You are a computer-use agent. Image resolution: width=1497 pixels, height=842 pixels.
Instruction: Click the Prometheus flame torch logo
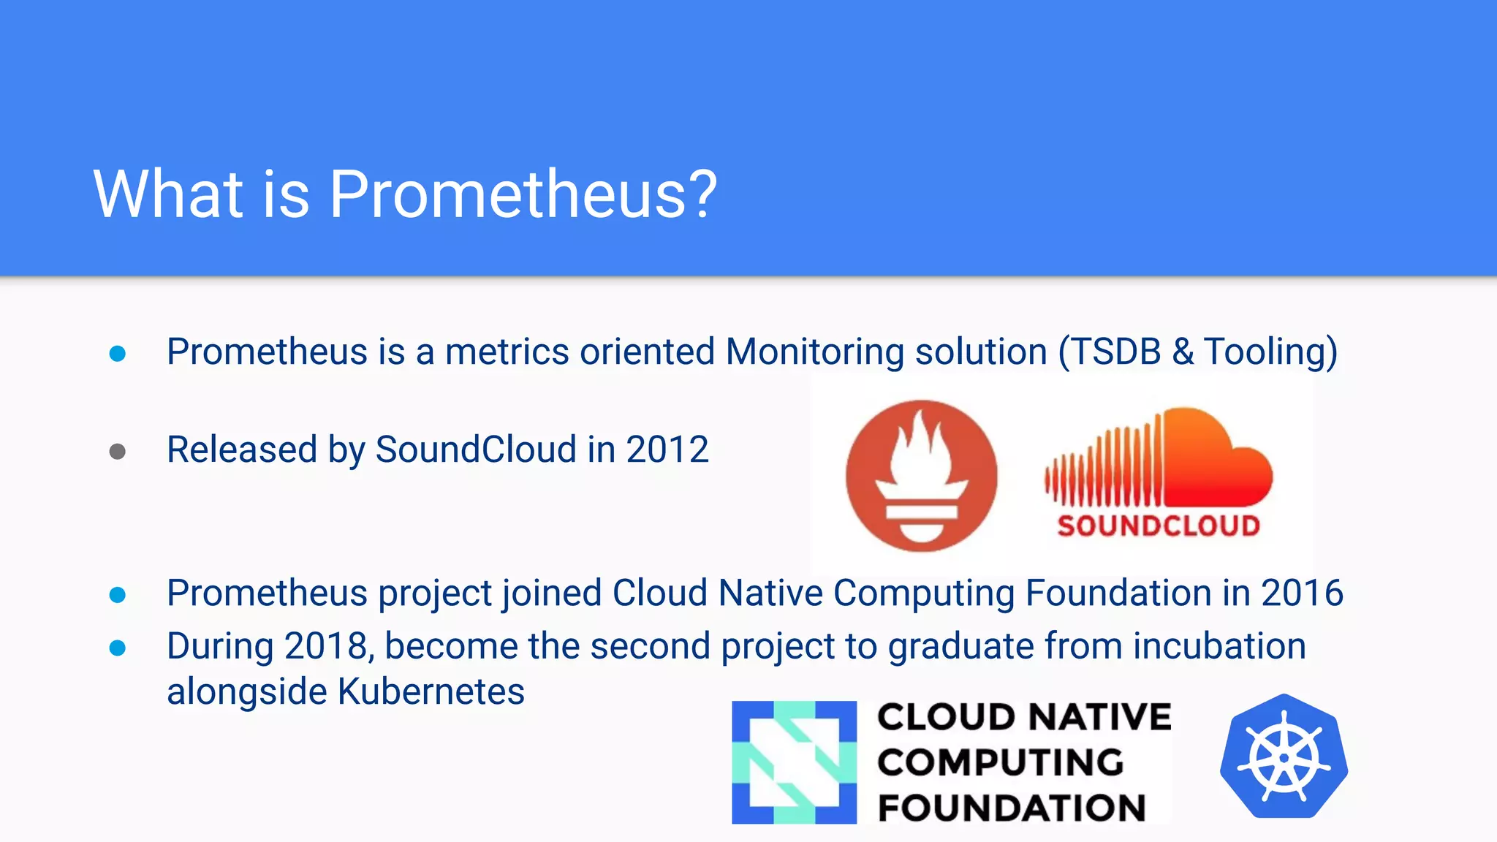[x=921, y=476]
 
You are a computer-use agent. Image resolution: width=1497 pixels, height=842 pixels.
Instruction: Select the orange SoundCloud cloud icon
[x=1159, y=460]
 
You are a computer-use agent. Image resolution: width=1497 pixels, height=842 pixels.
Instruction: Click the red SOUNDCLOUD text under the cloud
[x=1159, y=526]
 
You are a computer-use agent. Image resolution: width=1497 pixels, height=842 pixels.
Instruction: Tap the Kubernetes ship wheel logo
[x=1284, y=757]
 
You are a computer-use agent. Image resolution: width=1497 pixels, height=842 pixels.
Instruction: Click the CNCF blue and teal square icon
[x=794, y=762]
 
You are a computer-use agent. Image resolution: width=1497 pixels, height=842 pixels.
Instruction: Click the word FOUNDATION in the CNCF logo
[x=1012, y=808]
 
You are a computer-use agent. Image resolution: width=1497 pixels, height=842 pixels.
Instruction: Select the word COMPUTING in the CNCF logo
[x=1000, y=763]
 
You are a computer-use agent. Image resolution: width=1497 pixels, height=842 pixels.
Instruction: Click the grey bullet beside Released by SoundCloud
[x=118, y=452]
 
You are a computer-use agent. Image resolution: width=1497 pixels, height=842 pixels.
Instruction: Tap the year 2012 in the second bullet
[x=667, y=450]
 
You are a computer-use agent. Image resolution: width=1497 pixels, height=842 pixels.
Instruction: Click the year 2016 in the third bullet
[x=1302, y=593]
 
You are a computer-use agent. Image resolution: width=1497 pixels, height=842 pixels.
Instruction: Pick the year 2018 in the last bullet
[x=328, y=647]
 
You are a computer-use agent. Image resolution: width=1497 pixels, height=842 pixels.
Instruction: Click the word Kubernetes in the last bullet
[x=431, y=691]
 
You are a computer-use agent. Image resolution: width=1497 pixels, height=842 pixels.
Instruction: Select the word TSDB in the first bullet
[x=1115, y=352]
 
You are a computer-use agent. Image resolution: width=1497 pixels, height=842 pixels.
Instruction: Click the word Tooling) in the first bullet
[x=1270, y=352]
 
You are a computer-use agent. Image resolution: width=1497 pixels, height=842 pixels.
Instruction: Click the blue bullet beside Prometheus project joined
[x=118, y=595]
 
